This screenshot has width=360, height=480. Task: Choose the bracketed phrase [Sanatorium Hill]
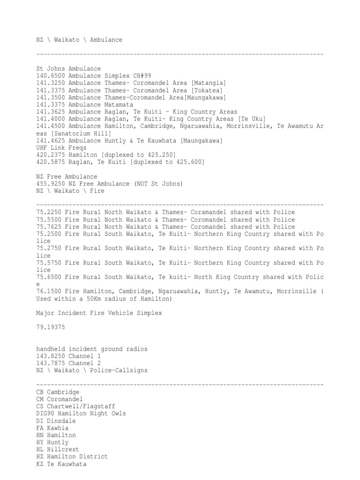[x=80, y=134]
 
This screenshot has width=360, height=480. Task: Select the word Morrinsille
[x=295, y=292]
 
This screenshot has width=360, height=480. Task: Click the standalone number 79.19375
[x=52, y=328]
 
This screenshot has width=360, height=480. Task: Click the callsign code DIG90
[x=45, y=413]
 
